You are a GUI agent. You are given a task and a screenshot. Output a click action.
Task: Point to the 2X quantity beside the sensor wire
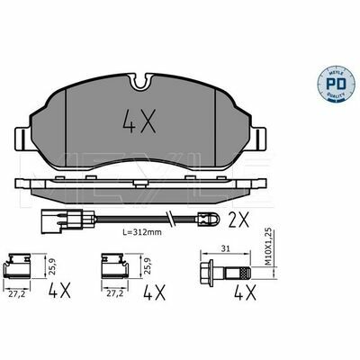click(239, 218)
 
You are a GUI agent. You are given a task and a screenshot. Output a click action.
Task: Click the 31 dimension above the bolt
click(225, 248)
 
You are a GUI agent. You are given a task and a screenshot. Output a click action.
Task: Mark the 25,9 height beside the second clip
click(147, 266)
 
